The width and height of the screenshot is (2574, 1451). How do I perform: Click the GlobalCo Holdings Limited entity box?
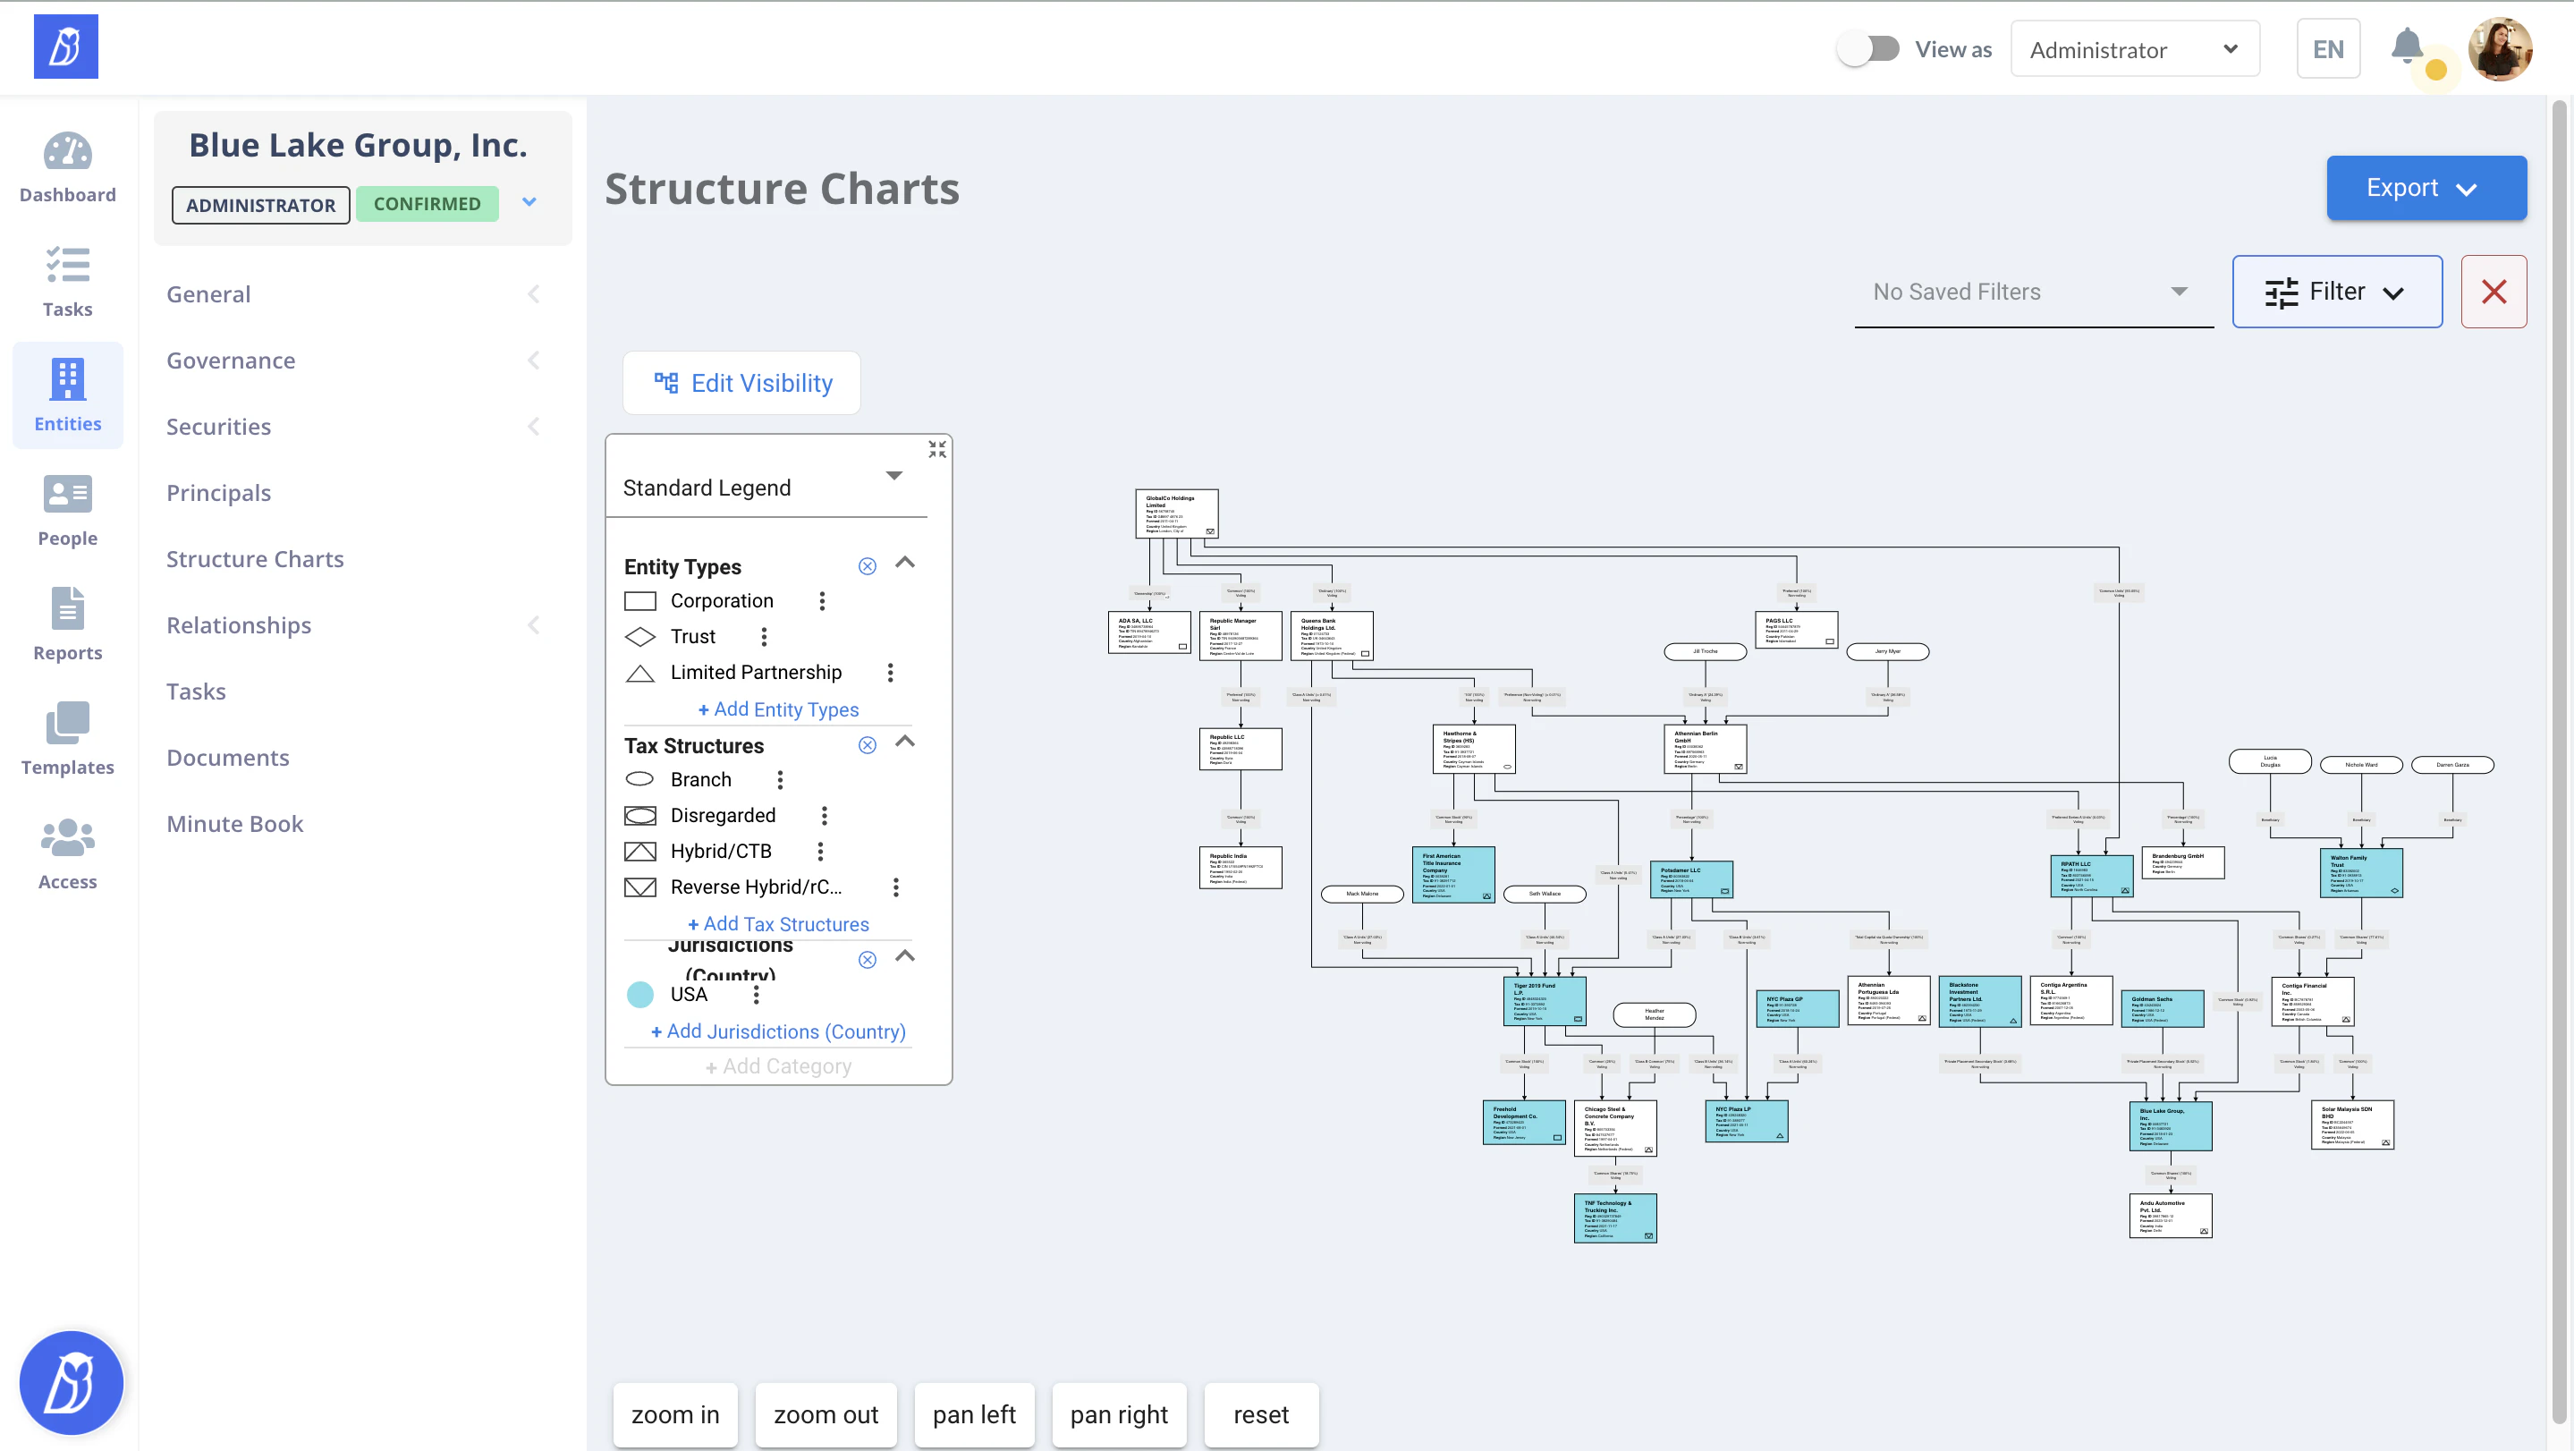pyautogui.click(x=1176, y=513)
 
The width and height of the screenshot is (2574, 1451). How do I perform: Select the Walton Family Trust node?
pyautogui.click(x=2360, y=872)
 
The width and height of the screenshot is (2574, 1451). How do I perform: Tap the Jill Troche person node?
pyautogui.click(x=1705, y=651)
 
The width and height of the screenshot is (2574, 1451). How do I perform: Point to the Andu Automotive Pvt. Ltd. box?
pyautogui.click(x=2171, y=1215)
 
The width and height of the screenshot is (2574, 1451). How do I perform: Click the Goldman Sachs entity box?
pyautogui.click(x=2163, y=1008)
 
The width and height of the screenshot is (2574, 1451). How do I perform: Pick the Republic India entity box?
pyautogui.click(x=1240, y=868)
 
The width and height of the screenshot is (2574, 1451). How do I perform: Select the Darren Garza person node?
pyautogui.click(x=2452, y=765)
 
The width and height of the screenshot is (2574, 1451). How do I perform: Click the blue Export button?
pyautogui.click(x=2426, y=188)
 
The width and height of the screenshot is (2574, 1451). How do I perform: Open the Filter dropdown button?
pyautogui.click(x=2336, y=292)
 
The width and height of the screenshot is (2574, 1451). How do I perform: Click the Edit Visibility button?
pyautogui.click(x=741, y=384)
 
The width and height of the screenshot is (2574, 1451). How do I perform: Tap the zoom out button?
pyautogui.click(x=826, y=1414)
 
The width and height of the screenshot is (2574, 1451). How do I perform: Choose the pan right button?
pyautogui.click(x=1118, y=1414)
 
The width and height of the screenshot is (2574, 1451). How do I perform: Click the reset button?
pyautogui.click(x=1260, y=1414)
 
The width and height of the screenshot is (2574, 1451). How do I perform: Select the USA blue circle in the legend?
pyautogui.click(x=639, y=994)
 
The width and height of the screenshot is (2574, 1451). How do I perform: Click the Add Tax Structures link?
pyautogui.click(x=778, y=924)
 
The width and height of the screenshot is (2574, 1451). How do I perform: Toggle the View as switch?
pyautogui.click(x=1867, y=49)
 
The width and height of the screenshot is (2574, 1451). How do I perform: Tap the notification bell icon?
pyautogui.click(x=2406, y=46)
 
